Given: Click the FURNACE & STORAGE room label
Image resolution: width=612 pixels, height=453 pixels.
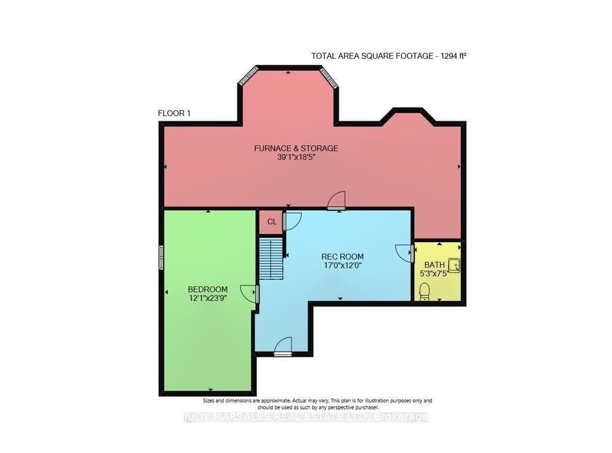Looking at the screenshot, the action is click(296, 148).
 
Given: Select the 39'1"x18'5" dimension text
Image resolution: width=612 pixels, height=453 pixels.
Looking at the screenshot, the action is click(296, 158).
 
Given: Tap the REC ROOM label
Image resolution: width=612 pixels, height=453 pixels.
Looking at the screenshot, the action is click(342, 257).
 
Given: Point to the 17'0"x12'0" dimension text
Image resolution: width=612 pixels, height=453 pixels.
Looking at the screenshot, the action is click(342, 266).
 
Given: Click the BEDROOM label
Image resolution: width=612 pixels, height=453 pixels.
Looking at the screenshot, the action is click(207, 289).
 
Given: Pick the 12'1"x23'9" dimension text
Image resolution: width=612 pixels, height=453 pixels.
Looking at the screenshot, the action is click(207, 298).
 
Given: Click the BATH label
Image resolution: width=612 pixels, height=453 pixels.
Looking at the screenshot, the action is click(435, 265).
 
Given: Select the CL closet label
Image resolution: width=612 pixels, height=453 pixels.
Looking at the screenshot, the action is click(272, 222).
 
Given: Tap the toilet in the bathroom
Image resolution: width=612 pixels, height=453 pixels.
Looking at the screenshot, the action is click(424, 292).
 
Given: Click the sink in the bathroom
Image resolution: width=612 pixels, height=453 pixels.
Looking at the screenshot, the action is click(454, 265).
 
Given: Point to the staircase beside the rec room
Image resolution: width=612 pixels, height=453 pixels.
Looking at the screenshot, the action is click(271, 259).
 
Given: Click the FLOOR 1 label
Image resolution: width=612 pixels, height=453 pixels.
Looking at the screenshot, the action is click(174, 114).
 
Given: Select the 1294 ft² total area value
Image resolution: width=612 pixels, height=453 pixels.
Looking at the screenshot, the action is click(453, 56).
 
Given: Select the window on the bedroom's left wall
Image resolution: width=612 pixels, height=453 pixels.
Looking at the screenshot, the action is click(161, 257).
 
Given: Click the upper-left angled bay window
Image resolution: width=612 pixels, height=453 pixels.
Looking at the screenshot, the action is click(248, 75).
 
